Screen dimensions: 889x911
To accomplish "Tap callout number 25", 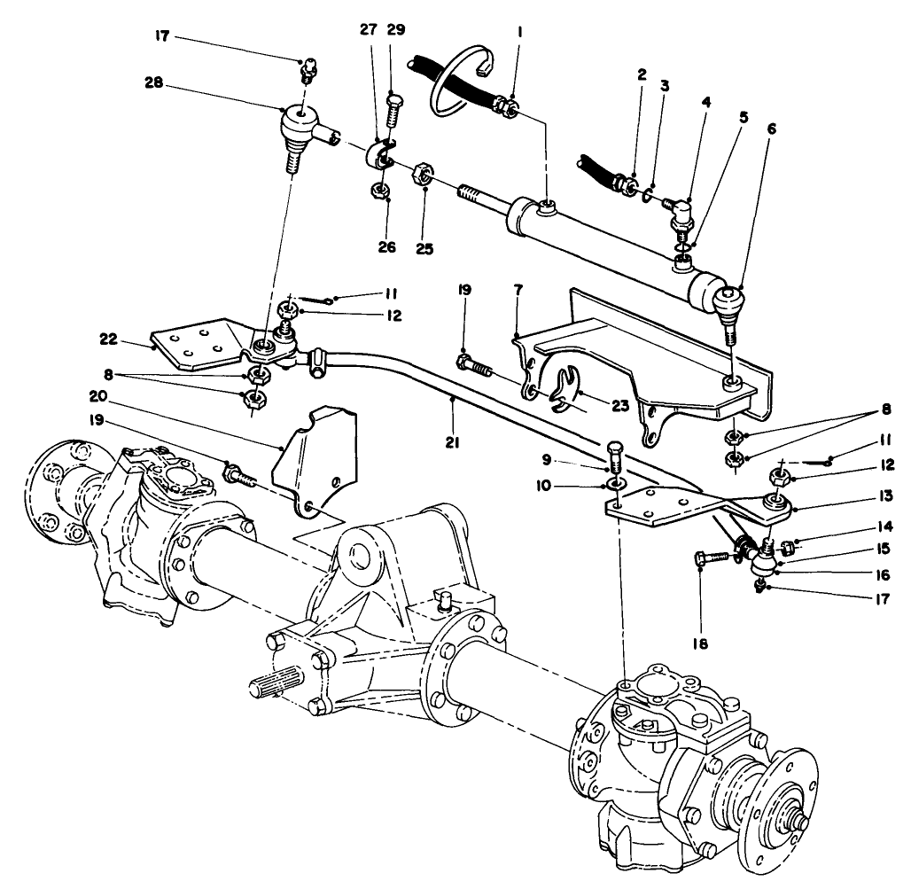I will pyautogui.click(x=424, y=249).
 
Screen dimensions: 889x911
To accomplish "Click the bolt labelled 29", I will pyautogui.click(x=393, y=120).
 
